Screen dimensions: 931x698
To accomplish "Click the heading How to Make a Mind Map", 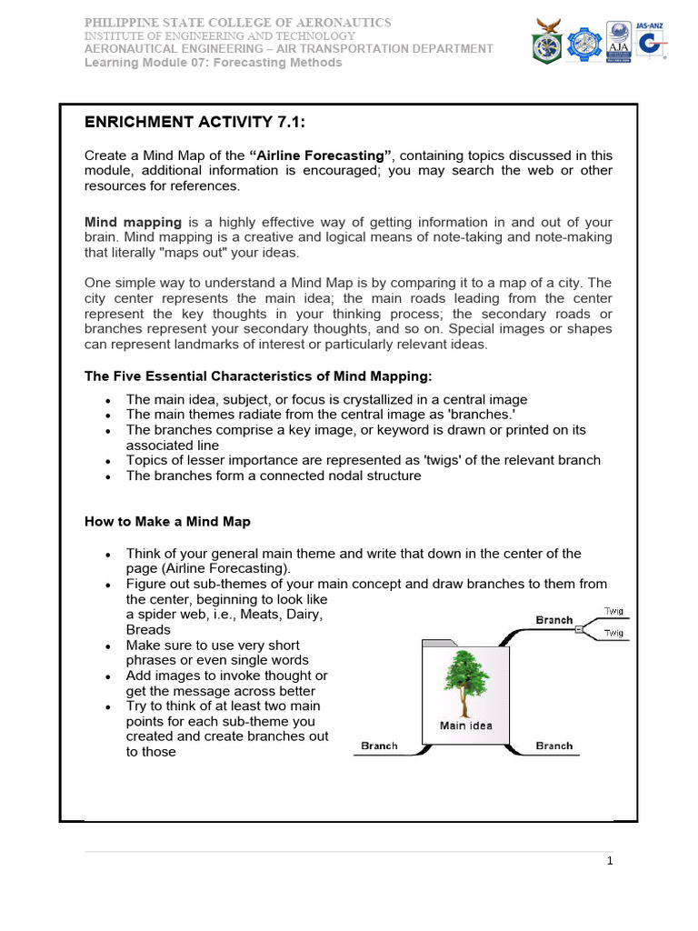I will click(167, 522).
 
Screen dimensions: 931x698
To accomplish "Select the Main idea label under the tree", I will click(466, 726).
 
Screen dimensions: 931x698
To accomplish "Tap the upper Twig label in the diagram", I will click(614, 611).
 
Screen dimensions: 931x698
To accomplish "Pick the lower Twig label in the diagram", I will click(614, 633).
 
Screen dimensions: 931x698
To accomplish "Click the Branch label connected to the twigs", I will click(553, 620).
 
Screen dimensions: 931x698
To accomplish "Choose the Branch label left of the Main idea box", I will click(379, 746).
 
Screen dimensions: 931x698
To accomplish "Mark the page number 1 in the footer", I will click(611, 861).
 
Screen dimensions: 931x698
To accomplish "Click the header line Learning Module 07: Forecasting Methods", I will click(214, 63).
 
